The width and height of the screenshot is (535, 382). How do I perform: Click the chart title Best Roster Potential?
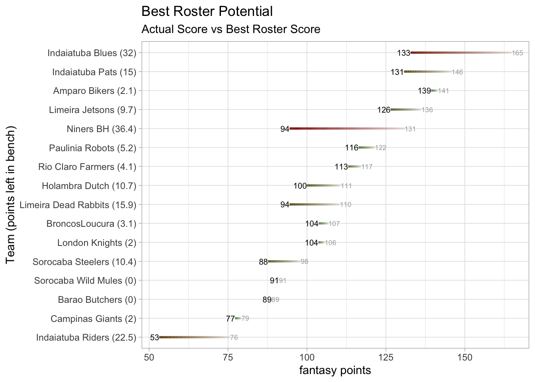click(x=207, y=11)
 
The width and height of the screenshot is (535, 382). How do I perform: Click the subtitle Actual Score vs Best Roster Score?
click(x=231, y=29)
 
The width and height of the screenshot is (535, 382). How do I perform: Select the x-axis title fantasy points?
click(x=335, y=370)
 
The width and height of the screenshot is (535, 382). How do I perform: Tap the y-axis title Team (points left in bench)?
click(x=11, y=195)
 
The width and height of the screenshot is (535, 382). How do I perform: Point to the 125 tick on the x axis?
click(x=386, y=357)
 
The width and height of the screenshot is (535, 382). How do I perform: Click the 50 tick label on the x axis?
click(x=149, y=357)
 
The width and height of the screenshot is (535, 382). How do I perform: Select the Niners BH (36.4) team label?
click(x=102, y=129)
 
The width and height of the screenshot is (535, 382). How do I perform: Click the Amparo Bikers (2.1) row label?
click(x=95, y=91)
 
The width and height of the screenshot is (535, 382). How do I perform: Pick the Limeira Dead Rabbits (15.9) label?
click(x=78, y=205)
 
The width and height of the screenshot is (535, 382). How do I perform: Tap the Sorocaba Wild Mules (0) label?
click(x=85, y=281)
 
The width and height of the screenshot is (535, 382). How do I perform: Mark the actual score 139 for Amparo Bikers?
click(x=424, y=91)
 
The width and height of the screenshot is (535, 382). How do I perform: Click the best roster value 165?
click(x=517, y=53)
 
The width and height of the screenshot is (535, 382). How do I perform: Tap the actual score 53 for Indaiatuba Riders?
click(x=154, y=338)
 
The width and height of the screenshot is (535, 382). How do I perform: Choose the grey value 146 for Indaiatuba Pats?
click(x=457, y=72)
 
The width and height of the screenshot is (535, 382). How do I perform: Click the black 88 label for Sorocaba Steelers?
click(x=263, y=262)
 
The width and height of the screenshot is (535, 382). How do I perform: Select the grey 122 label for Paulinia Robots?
click(x=381, y=148)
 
